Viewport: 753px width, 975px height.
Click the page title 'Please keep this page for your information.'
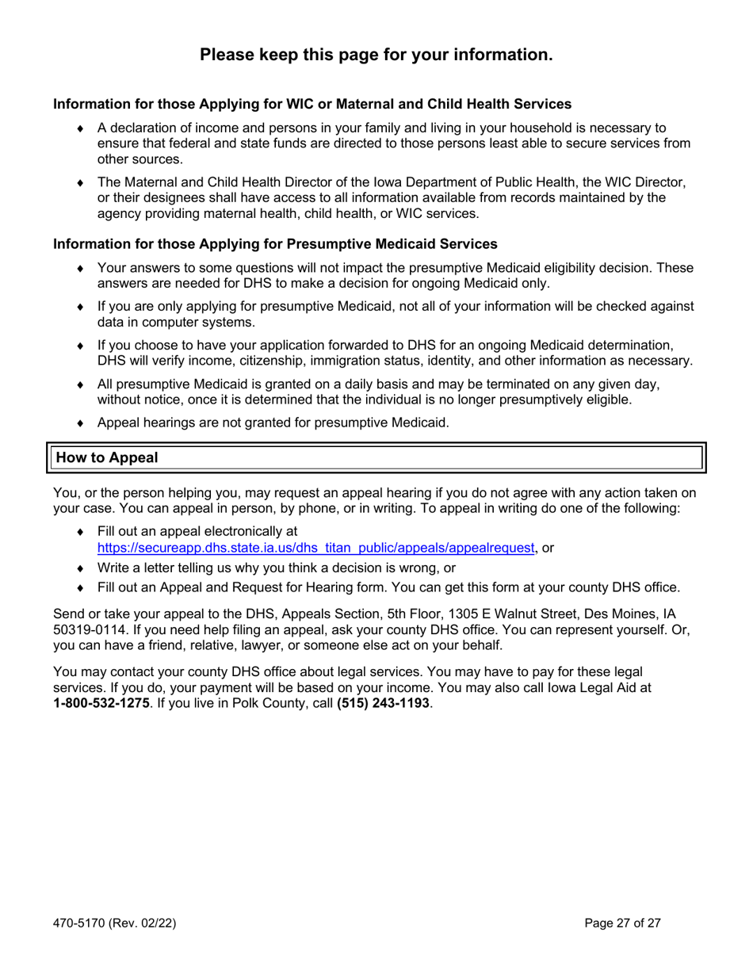coord(376,55)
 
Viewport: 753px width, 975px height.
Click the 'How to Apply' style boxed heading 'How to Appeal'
coord(107,458)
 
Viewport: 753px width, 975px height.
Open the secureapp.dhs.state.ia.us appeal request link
coord(315,547)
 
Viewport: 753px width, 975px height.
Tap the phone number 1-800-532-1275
coord(101,703)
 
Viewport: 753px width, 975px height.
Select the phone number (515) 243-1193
coord(383,703)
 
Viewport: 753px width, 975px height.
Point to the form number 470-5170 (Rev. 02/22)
coord(114,923)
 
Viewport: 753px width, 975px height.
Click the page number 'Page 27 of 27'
coord(622,923)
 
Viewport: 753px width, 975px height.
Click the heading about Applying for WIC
coord(312,104)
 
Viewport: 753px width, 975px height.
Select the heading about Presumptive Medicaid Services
coord(275,243)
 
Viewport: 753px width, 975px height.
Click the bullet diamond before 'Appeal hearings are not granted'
coord(80,423)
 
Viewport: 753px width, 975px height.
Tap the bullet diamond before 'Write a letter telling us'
coord(80,568)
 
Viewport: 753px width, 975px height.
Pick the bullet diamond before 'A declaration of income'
coord(80,128)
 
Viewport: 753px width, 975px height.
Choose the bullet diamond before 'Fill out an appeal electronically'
coord(80,532)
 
